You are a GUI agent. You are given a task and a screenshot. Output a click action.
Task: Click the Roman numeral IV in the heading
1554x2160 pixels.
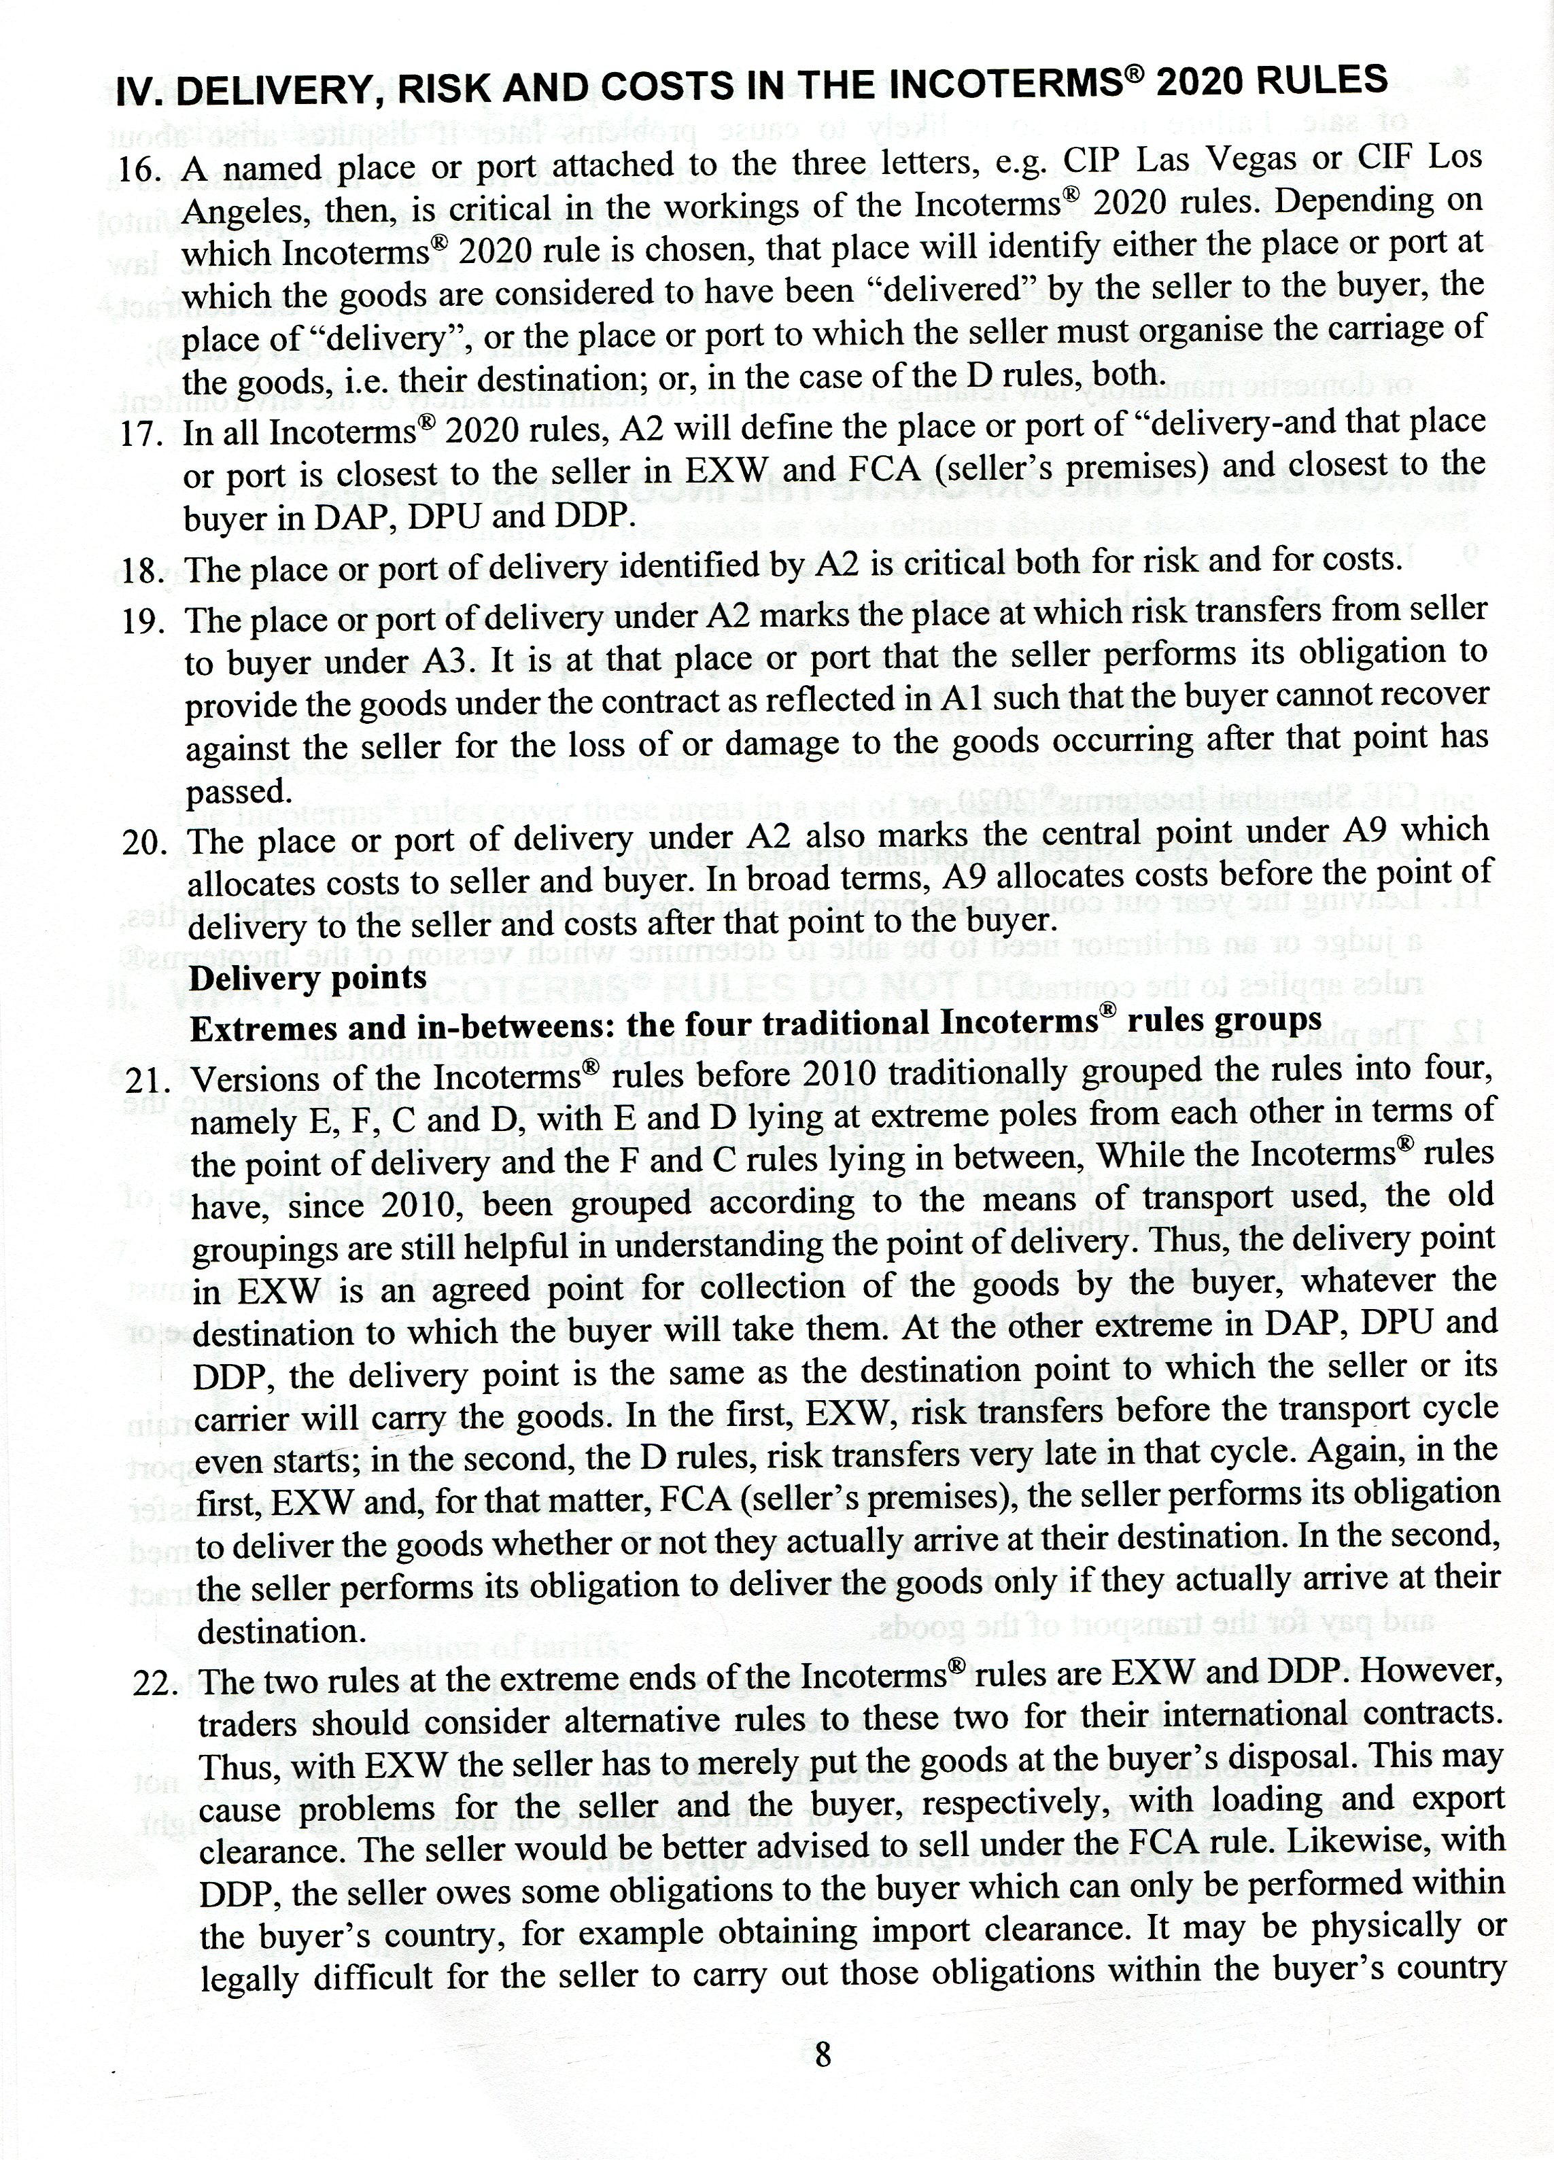(x=135, y=94)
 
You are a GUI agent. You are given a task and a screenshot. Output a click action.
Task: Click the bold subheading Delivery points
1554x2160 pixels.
(x=308, y=978)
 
